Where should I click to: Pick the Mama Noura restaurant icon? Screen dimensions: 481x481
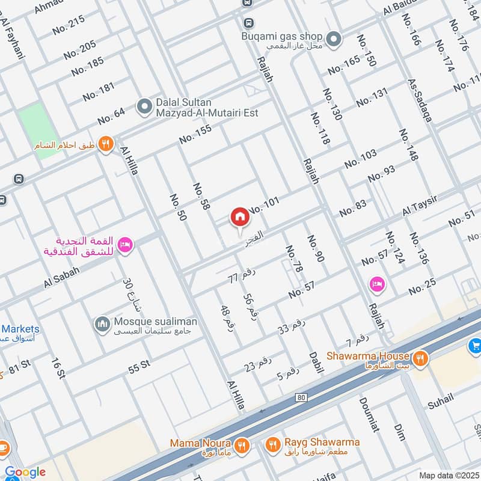[242, 446]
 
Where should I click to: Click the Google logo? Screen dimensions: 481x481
[25, 472]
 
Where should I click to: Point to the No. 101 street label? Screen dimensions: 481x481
[264, 206]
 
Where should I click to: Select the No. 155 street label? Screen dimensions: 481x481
[195, 133]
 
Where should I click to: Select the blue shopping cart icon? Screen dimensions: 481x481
[474, 346]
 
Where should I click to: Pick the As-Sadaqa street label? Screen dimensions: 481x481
[420, 100]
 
